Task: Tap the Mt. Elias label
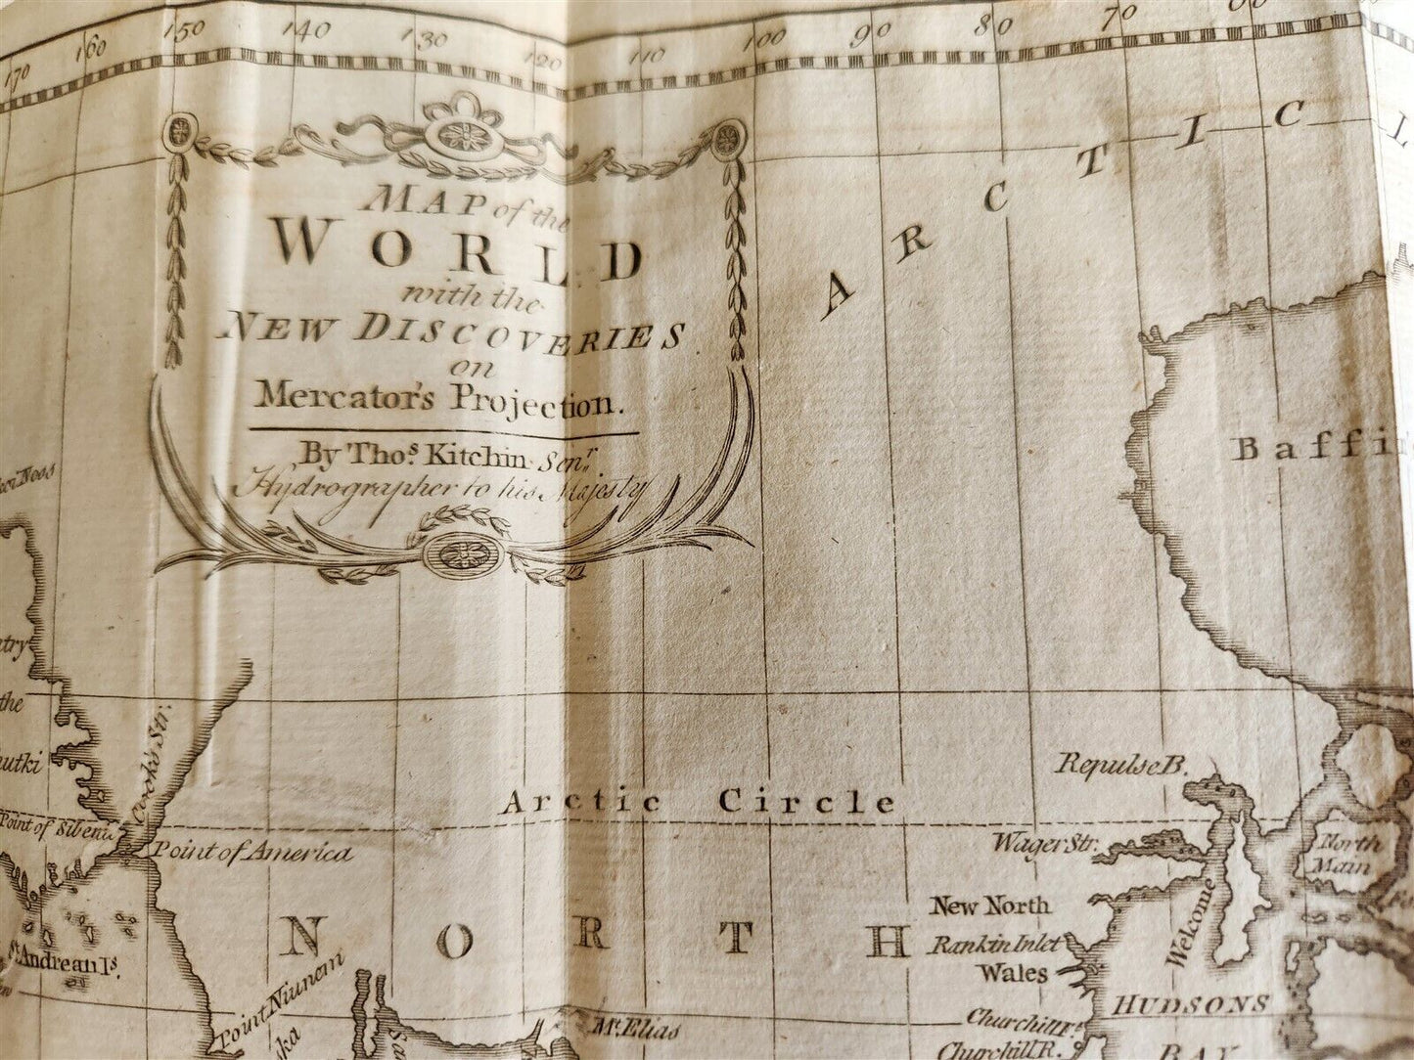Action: (642, 1030)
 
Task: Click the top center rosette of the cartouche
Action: (463, 133)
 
